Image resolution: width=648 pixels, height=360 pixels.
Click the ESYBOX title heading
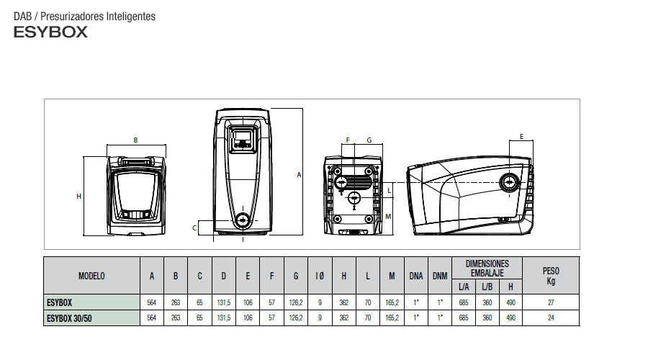[50, 32]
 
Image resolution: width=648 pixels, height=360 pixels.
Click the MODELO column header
[91, 276]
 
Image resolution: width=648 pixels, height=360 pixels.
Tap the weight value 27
[550, 303]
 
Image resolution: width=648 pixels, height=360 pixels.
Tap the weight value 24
[550, 317]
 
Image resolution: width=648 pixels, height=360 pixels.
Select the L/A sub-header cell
[464, 287]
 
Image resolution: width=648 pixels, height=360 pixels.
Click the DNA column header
[415, 276]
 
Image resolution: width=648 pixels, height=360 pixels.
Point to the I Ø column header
[320, 276]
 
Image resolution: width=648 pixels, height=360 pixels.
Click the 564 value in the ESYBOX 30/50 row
[152, 317]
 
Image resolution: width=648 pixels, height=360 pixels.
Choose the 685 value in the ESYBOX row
[464, 303]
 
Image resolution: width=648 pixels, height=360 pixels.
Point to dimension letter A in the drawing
[299, 174]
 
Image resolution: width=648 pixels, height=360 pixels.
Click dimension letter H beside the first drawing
[78, 196]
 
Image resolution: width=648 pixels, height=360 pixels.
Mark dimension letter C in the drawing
[194, 228]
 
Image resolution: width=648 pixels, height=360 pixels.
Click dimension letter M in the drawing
[389, 216]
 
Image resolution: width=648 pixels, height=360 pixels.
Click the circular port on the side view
[510, 181]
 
